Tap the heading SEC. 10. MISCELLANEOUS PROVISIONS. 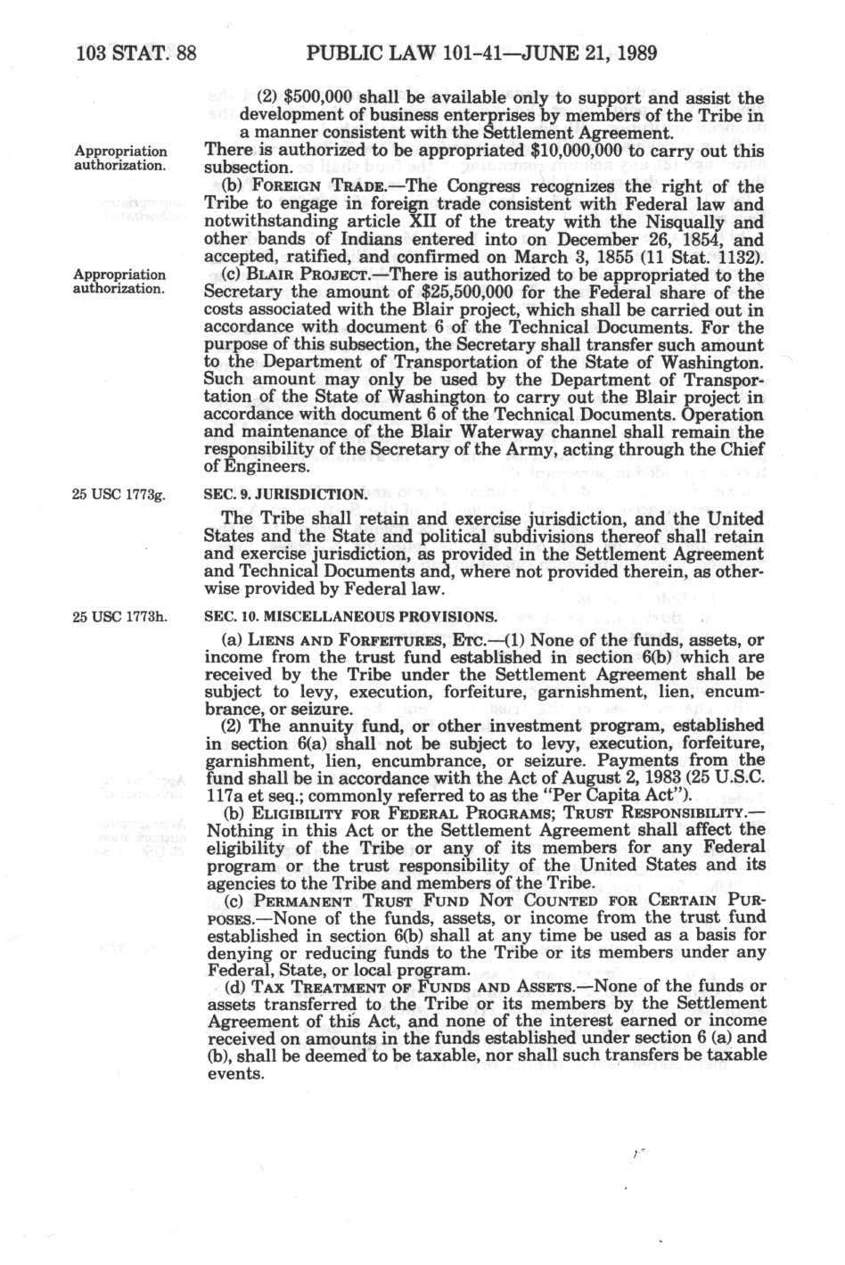pos(349,617)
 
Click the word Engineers pos(252,466)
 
